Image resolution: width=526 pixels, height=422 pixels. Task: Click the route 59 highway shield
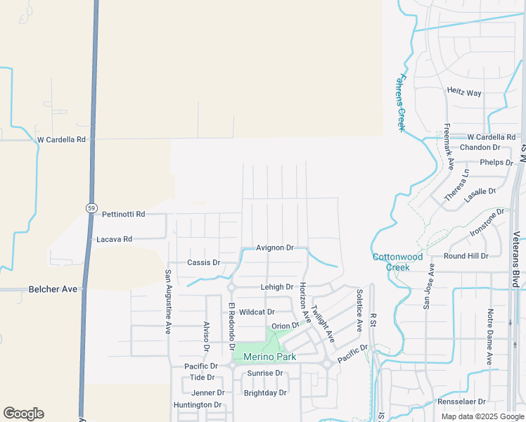click(91, 208)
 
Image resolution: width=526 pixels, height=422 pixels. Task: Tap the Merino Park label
click(270, 357)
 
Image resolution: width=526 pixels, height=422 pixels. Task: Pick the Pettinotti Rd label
click(123, 214)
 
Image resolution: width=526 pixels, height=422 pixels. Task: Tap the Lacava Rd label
click(114, 239)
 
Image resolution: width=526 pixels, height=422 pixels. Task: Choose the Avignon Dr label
click(274, 248)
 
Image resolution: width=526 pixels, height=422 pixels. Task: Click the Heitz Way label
click(464, 92)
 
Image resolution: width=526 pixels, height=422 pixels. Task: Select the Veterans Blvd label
click(516, 260)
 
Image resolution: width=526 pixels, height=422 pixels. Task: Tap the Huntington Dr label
click(198, 405)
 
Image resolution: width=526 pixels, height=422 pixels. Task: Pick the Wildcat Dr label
click(257, 312)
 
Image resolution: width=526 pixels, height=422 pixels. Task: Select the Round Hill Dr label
click(466, 256)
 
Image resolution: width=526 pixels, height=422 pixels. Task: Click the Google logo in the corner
click(23, 414)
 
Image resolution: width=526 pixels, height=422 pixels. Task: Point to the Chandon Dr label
click(480, 148)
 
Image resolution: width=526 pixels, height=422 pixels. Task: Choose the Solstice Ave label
click(359, 309)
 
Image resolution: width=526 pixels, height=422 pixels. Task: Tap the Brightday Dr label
click(265, 393)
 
